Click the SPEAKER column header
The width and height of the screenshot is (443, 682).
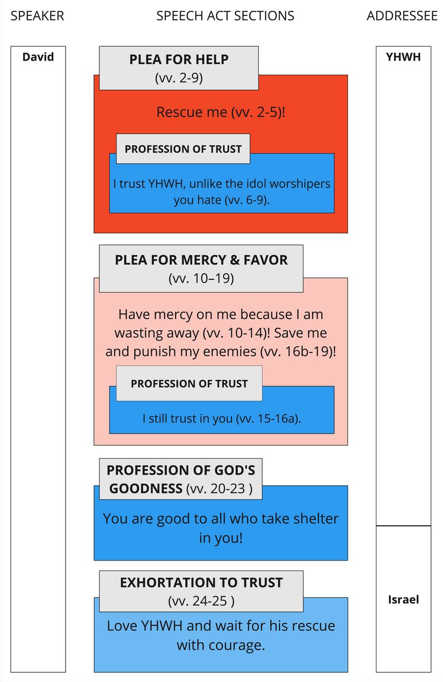(37, 16)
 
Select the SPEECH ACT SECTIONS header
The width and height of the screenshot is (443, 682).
(225, 16)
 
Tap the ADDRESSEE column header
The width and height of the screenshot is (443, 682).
(402, 16)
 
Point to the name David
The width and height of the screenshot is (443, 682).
(38, 56)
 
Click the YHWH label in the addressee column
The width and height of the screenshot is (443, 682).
(403, 56)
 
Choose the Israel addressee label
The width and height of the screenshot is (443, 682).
(403, 599)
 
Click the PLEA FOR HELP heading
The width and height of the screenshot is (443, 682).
(179, 60)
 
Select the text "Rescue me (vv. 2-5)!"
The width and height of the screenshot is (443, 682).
(221, 113)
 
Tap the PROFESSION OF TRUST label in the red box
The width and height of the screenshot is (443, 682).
(183, 149)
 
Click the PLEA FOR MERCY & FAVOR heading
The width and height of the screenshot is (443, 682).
(201, 260)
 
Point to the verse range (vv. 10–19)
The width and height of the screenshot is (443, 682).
(201, 279)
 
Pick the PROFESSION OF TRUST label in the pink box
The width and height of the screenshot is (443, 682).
(189, 383)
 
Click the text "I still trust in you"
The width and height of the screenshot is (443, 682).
(187, 418)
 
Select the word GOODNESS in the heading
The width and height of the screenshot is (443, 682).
(144, 488)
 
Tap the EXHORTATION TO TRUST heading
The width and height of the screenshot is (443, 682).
(201, 583)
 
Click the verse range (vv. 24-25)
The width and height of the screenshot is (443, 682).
(201, 601)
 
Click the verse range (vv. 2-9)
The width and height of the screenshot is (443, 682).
(179, 78)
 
